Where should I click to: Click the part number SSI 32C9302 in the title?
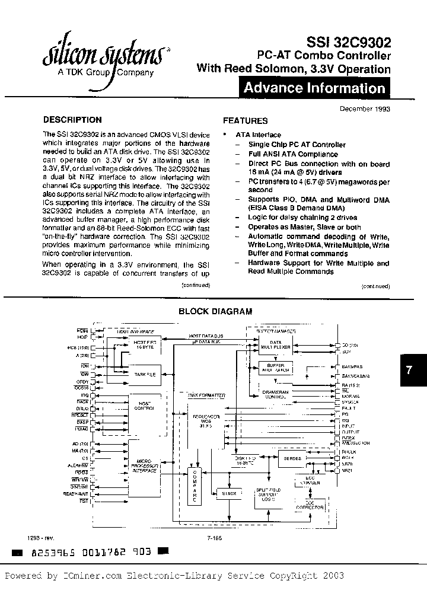point(349,43)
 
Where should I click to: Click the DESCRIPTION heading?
point(72,120)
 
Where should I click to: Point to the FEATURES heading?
point(245,120)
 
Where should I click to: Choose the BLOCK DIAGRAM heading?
point(215,311)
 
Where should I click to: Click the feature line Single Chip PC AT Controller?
point(297,145)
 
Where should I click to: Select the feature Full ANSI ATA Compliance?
point(293,154)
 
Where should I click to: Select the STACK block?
point(230,493)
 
